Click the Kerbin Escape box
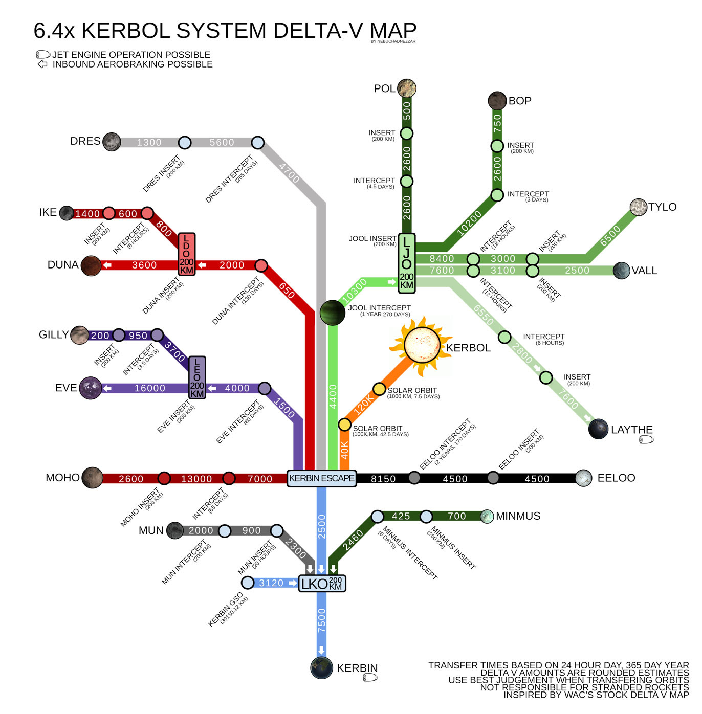[321, 478]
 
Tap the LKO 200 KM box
[322, 583]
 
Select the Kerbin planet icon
[321, 668]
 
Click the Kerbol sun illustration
[422, 345]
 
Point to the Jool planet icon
[332, 313]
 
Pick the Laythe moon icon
[598, 429]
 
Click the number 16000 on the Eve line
[150, 388]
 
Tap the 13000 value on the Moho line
[196, 479]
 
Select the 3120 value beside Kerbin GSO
[271, 583]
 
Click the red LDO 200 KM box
[187, 254]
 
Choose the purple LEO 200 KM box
[197, 377]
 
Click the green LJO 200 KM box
[407, 263]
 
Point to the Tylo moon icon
[638, 207]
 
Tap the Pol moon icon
[406, 88]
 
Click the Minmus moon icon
[487, 516]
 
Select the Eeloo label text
[616, 478]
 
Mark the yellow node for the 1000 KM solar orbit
[379, 389]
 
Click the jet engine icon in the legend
[42, 55]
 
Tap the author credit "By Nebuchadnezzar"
[393, 41]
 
